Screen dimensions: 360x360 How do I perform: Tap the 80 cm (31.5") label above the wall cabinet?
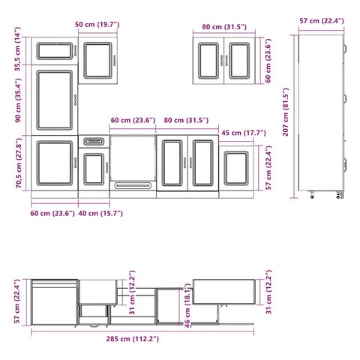[224, 28]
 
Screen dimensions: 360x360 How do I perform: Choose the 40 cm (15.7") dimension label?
[100, 214]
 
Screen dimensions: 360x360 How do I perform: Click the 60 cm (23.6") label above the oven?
[131, 120]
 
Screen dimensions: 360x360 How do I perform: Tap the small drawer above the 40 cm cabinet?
[94, 140]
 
